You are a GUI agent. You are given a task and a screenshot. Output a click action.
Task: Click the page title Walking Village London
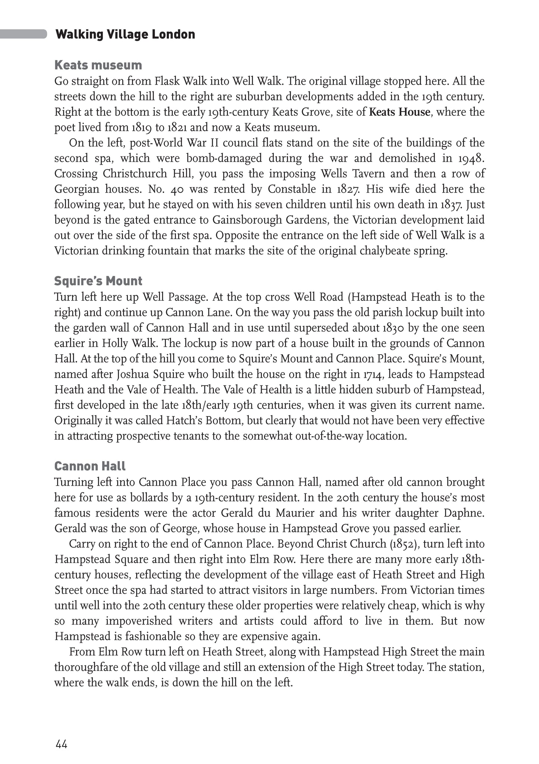click(125, 35)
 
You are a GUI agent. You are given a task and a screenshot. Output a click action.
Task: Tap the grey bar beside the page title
click(23, 34)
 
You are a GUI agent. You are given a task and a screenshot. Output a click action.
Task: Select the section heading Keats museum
click(98, 65)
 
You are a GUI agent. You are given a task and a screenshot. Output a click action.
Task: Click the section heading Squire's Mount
click(98, 281)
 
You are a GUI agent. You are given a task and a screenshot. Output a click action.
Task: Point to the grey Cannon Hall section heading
click(90, 466)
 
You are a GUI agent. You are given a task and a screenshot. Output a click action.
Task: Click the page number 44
click(61, 744)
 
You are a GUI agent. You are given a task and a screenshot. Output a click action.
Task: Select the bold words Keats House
click(399, 112)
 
